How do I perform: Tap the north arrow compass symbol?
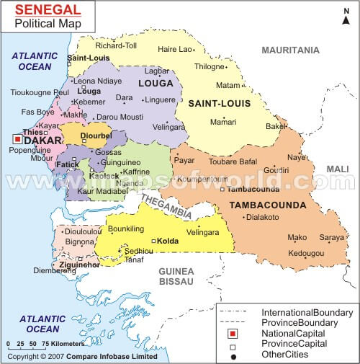tap(346, 15)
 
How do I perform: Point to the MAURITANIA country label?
tap(289, 50)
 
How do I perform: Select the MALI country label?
tap(337, 169)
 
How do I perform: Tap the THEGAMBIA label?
tap(166, 204)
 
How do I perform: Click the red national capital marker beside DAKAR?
tap(17, 140)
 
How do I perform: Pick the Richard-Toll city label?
tap(115, 45)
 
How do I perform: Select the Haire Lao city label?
tap(176, 49)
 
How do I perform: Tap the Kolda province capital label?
tap(168, 240)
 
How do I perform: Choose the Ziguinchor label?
tap(69, 266)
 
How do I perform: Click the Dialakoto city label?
tap(262, 216)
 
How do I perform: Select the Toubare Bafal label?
tap(233, 161)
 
